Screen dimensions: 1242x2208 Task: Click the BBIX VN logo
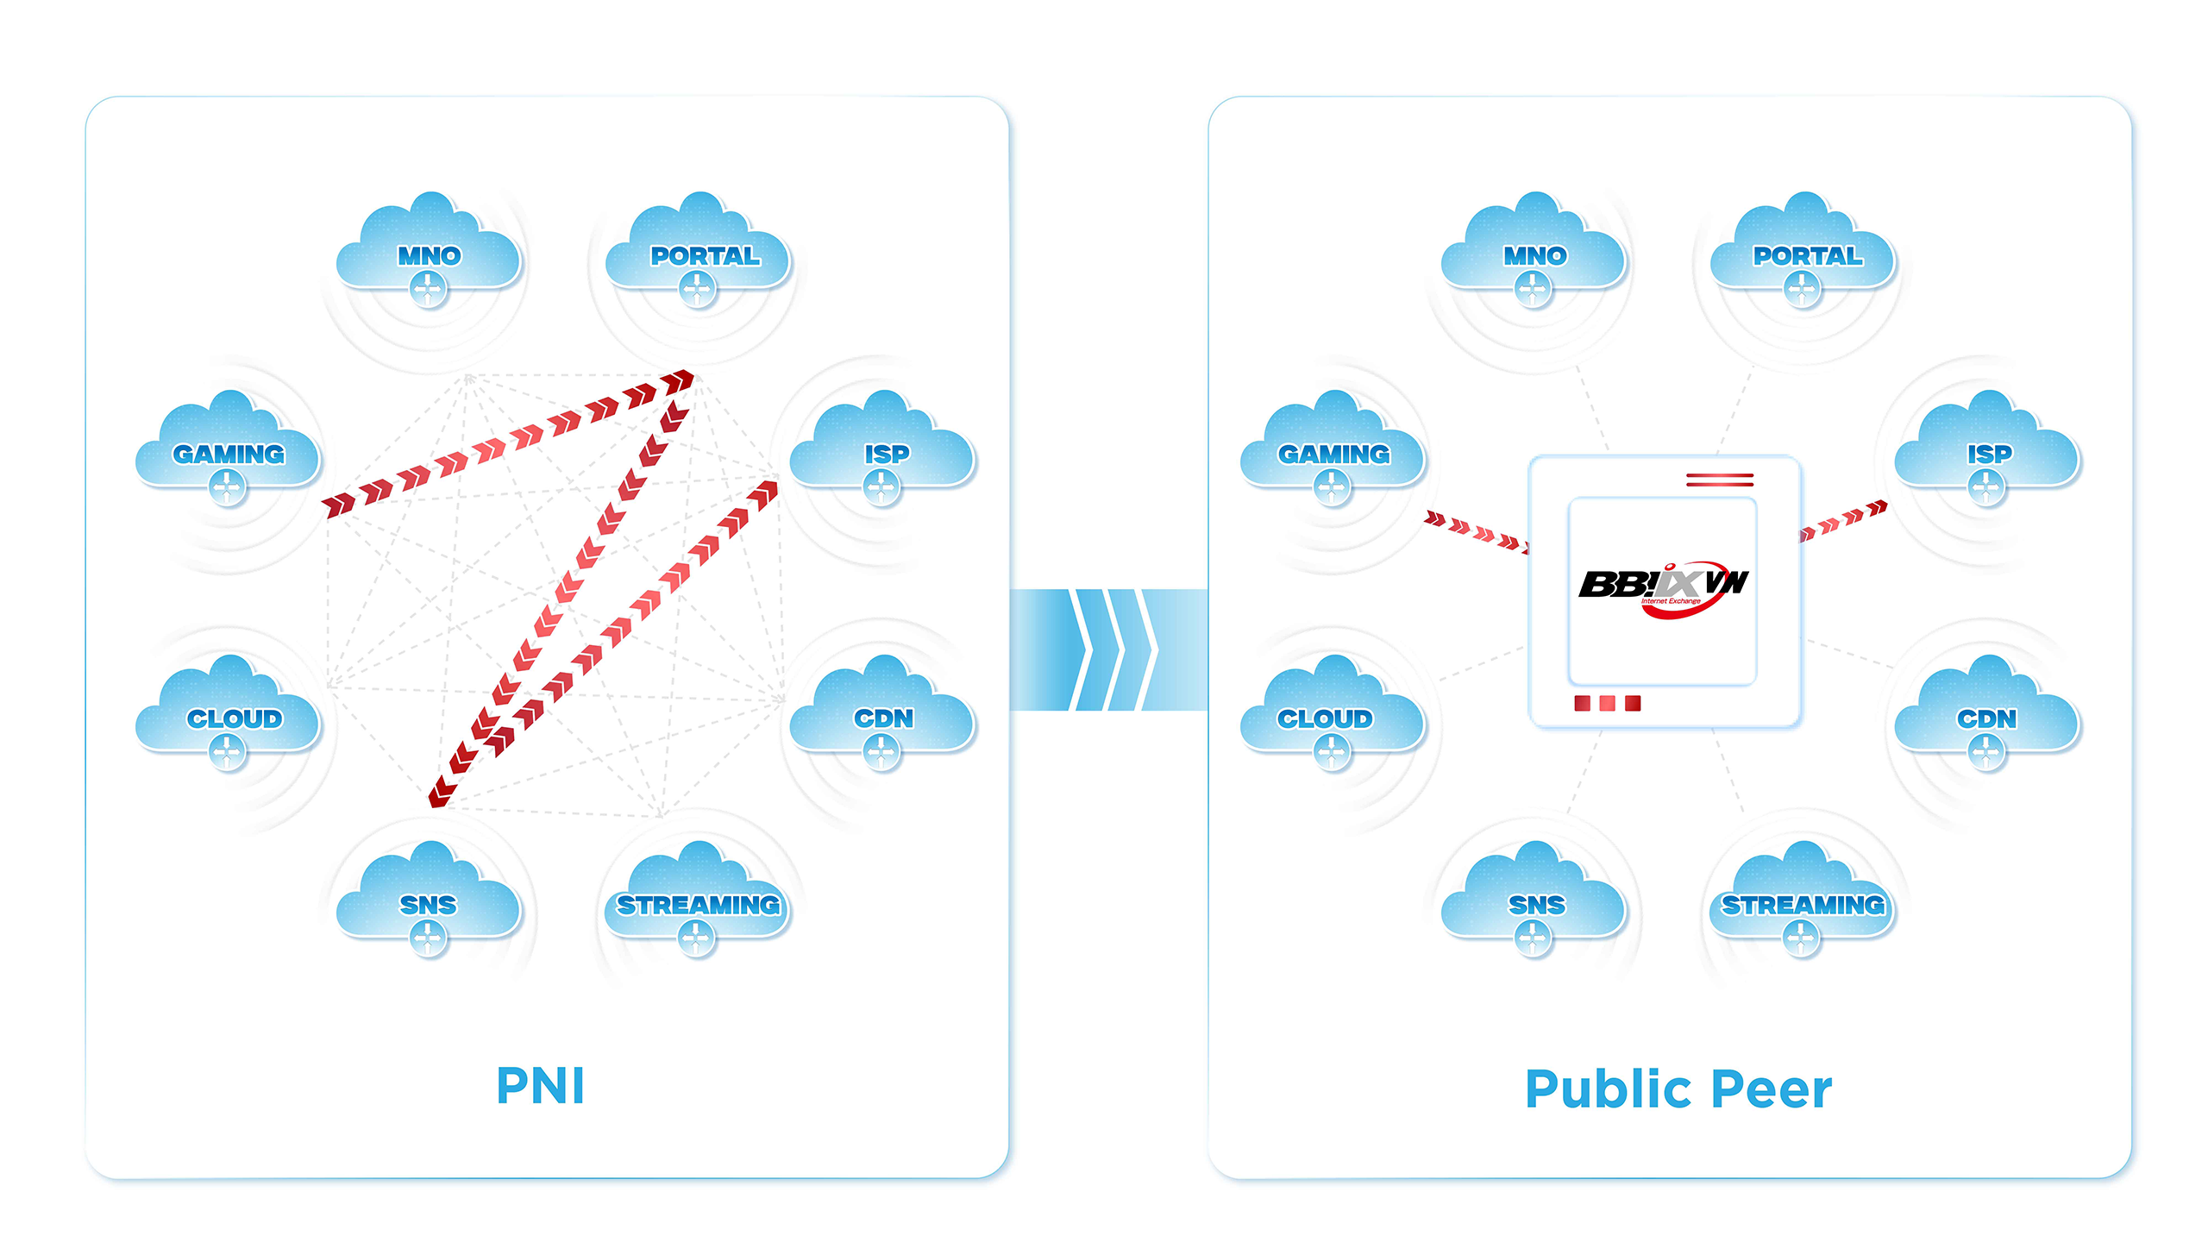point(1663,586)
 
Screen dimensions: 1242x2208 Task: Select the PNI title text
point(541,1085)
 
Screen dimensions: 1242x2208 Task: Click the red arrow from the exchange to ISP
point(1844,521)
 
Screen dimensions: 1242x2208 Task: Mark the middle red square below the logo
point(1608,704)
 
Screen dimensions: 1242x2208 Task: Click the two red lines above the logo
point(1720,480)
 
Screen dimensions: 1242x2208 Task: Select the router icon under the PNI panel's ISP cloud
point(881,488)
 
